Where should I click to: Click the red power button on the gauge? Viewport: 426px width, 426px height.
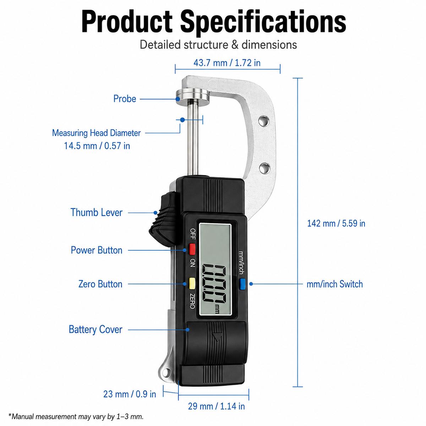click(x=192, y=249)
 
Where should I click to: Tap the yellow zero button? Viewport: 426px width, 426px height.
click(x=192, y=283)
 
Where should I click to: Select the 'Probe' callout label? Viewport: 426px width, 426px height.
click(x=125, y=99)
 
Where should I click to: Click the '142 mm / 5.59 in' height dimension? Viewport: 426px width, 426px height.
click(x=336, y=223)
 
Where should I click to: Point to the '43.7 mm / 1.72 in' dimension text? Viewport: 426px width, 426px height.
click(x=227, y=63)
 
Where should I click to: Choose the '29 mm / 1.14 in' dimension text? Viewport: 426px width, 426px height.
click(x=217, y=406)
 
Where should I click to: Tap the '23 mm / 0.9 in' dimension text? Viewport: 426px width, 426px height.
click(x=130, y=394)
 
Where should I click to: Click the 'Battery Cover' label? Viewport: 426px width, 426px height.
click(x=95, y=329)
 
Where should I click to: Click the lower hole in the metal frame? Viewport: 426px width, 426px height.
click(x=264, y=168)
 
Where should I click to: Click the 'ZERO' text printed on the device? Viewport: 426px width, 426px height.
click(x=192, y=301)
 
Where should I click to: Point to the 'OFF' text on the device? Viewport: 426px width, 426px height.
click(x=192, y=234)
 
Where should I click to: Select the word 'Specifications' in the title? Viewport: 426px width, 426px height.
click(x=263, y=22)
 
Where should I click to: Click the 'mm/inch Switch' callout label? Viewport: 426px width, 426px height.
click(x=334, y=284)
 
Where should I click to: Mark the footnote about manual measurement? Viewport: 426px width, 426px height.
click(x=76, y=416)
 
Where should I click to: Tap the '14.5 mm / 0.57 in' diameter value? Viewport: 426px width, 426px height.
click(x=97, y=146)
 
